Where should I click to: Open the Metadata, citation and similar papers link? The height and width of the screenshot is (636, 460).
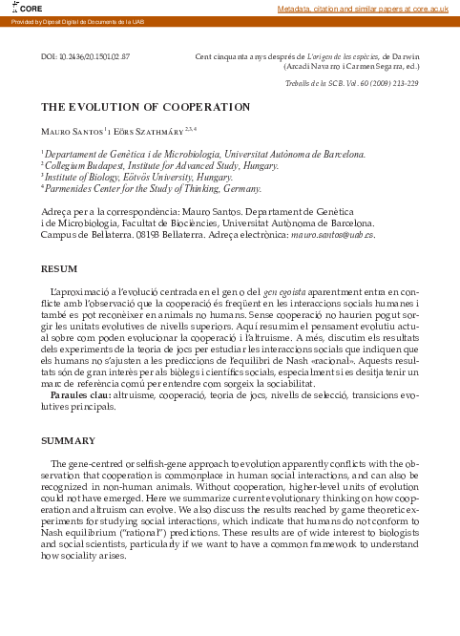(363, 9)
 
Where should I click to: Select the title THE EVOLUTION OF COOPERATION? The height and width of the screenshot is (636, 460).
(145, 107)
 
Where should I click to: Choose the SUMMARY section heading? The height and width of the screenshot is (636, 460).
(67, 440)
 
